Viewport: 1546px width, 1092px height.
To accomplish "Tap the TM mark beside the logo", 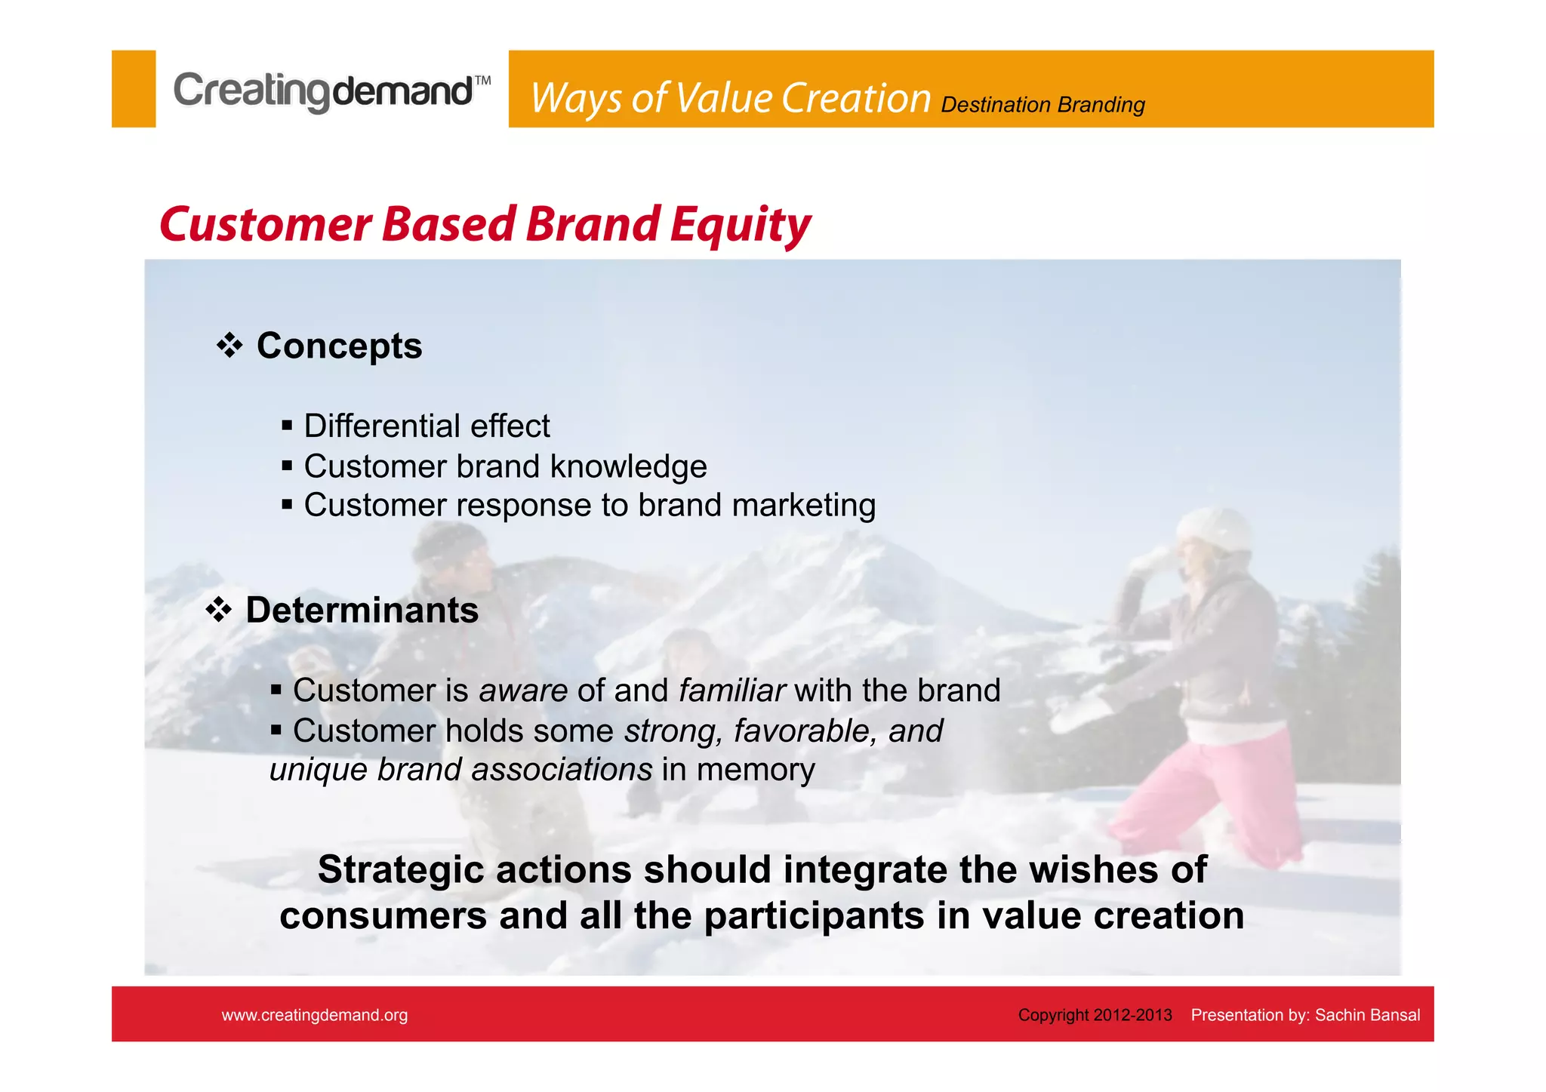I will [482, 81].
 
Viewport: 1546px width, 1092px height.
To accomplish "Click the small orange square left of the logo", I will [134, 89].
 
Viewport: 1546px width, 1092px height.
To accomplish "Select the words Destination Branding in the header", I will [1042, 105].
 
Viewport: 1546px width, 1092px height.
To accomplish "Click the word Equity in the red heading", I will [740, 225].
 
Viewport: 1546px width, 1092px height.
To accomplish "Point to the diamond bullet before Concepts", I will [229, 346].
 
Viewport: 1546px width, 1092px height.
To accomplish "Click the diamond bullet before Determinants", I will [219, 610].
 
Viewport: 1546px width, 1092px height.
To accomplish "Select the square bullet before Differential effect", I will [287, 426].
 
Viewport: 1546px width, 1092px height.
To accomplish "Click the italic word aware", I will [523, 691].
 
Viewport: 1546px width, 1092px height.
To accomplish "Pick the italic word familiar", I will [731, 691].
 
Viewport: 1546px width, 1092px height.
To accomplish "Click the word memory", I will [756, 770].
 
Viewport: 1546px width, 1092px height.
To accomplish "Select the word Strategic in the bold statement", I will [400, 869].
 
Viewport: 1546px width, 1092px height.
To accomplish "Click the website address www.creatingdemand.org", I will [315, 1015].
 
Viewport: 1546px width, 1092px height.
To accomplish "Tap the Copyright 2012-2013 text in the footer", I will [1095, 1015].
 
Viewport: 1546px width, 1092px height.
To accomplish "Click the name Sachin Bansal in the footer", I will [1367, 1015].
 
